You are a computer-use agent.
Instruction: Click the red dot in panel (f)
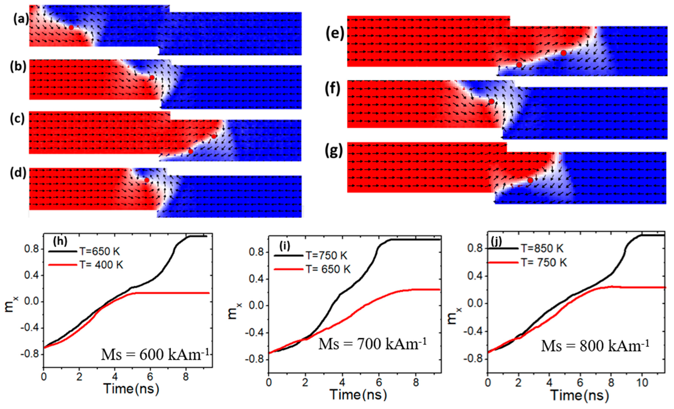[x=491, y=102]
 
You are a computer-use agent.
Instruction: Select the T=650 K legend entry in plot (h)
[x=85, y=251]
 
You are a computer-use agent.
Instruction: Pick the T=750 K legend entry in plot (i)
[x=310, y=255]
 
